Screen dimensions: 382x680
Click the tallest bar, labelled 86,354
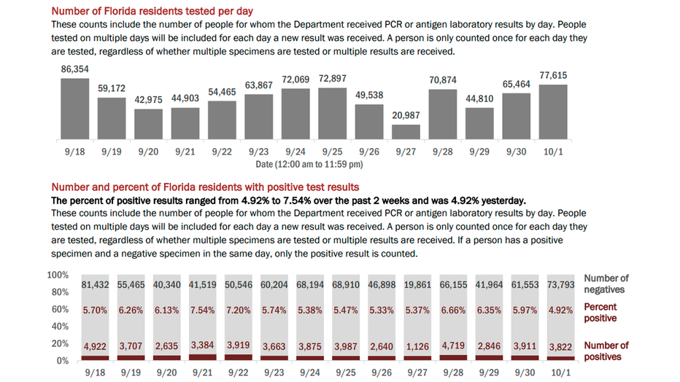(x=74, y=109)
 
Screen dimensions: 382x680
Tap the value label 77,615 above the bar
(x=553, y=75)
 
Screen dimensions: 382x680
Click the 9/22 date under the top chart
(x=222, y=151)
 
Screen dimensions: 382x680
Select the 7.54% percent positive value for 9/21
(x=203, y=310)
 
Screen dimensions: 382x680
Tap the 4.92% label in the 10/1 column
(x=560, y=310)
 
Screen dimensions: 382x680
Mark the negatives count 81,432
(x=96, y=284)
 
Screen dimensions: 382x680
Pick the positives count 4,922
(x=96, y=346)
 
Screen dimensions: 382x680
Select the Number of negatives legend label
(x=606, y=284)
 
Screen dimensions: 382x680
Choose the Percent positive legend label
(x=600, y=312)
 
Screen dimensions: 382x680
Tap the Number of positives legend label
(x=606, y=351)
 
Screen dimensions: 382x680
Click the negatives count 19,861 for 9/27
(x=417, y=284)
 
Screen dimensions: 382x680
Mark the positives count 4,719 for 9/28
(x=453, y=346)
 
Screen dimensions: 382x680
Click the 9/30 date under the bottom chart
(x=525, y=372)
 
